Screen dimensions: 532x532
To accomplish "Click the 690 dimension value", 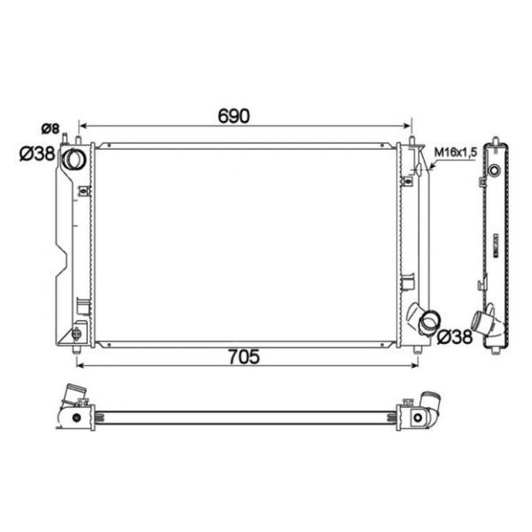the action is click(x=234, y=116).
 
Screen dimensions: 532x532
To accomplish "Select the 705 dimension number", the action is click(x=244, y=356).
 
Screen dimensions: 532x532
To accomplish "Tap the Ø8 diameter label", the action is click(x=51, y=129).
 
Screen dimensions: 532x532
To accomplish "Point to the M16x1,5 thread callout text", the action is click(x=456, y=153).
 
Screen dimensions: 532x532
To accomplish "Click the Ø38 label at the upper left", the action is click(x=37, y=153).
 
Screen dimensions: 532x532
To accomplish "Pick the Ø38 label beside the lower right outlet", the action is click(x=455, y=337).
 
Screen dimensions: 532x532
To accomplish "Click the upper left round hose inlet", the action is click(x=74, y=159).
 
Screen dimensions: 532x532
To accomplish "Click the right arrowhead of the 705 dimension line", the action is click(x=414, y=365).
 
